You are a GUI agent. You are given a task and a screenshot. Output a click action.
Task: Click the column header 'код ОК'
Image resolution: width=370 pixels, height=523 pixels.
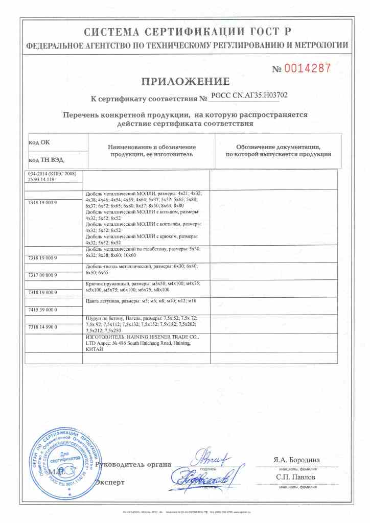[x=39, y=142]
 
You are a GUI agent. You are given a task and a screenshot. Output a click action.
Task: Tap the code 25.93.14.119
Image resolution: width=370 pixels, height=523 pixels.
[x=41, y=180]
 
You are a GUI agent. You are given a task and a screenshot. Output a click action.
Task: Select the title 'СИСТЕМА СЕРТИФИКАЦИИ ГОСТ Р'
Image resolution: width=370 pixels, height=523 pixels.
[x=186, y=33]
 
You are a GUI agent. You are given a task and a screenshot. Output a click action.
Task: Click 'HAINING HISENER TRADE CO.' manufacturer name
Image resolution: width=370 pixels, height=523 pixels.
[x=163, y=338]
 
